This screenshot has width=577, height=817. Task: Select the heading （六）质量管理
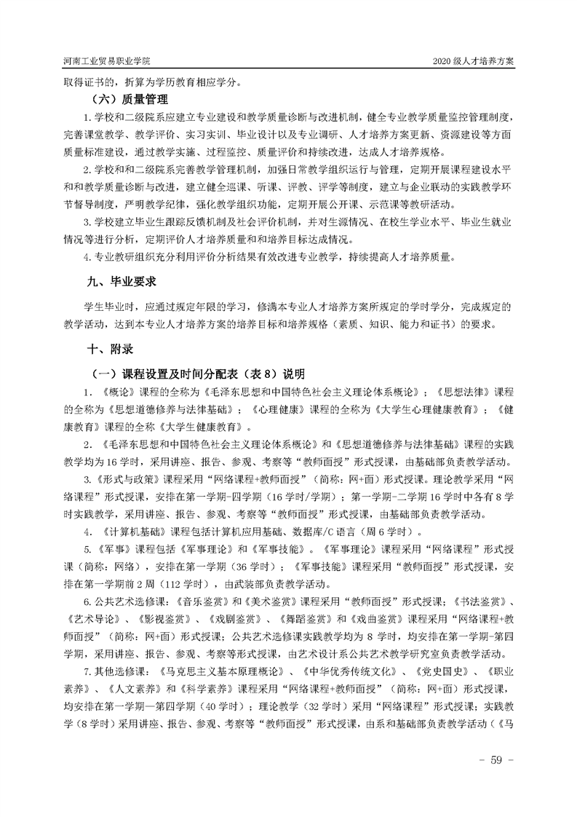pos(130,99)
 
